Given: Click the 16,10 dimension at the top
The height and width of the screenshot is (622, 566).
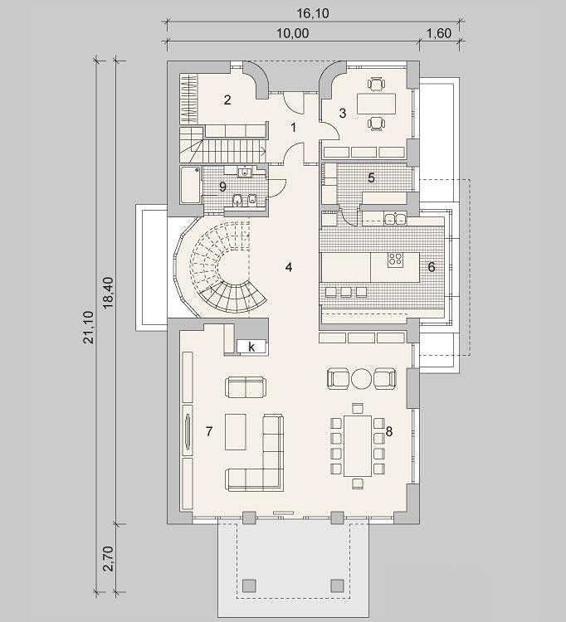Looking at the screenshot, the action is tap(313, 13).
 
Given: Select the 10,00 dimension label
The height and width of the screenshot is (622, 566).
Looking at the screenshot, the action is tap(292, 33).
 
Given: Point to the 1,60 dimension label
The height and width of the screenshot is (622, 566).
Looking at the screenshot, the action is tap(439, 33).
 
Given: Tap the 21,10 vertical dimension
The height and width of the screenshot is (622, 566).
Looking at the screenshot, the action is tap(88, 327).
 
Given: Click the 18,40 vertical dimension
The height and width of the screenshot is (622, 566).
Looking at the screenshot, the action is tap(108, 293).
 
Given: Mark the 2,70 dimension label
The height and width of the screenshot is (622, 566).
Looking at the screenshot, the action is tap(108, 558).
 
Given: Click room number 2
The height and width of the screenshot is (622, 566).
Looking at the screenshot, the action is tap(227, 100).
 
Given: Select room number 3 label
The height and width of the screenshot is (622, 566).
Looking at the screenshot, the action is tap(343, 113).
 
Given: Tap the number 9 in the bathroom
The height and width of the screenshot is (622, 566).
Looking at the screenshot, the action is tap(222, 186).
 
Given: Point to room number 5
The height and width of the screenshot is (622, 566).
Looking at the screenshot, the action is tap(371, 177).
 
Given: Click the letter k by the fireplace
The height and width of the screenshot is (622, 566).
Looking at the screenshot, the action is tap(251, 347).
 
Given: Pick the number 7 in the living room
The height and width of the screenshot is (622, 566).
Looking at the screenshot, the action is tap(209, 430).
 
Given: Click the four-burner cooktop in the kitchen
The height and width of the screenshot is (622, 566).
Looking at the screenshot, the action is tap(395, 260).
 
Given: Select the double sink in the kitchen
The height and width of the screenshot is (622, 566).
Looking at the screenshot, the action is tap(395, 219).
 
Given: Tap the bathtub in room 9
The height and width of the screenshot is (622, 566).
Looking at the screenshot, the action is tap(190, 186).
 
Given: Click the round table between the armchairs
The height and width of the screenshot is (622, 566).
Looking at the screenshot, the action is tap(361, 378).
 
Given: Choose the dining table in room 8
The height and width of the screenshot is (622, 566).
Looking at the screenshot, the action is tap(358, 445).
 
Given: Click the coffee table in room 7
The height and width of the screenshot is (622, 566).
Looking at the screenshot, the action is tap(236, 431).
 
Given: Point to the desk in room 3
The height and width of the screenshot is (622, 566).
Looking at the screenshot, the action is tap(376, 104).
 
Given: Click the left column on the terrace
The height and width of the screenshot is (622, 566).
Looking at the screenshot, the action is tap(249, 586).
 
